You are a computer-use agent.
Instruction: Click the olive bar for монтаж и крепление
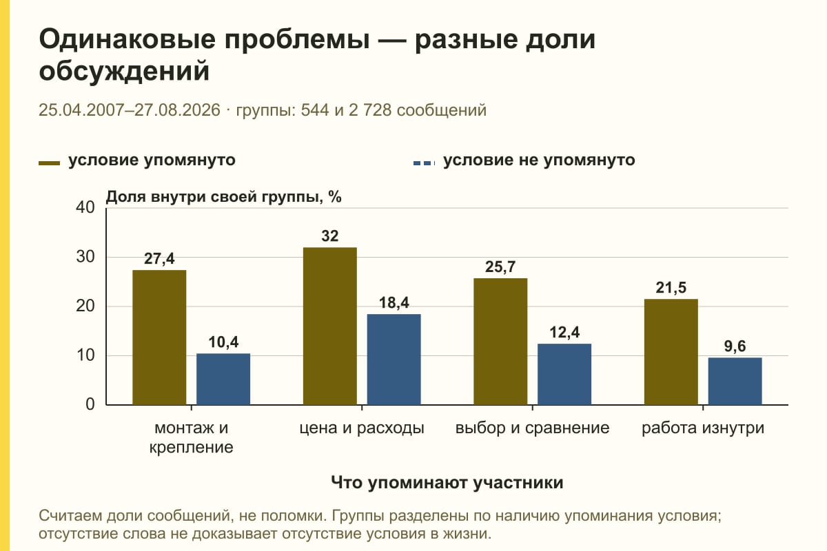159,337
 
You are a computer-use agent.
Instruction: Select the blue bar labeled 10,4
223,379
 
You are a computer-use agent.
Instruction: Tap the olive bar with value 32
329,326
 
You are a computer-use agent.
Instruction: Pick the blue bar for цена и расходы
394,360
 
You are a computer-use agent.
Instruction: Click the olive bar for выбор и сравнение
500,342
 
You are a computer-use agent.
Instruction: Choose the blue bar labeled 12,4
564,374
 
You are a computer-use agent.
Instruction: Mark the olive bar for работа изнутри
671,352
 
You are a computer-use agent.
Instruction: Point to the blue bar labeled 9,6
735,382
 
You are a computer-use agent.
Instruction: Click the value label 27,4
159,259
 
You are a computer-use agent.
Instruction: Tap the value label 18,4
394,302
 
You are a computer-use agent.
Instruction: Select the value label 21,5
671,287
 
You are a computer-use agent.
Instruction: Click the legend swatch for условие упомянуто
49,163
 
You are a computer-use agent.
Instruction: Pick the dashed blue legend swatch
425,163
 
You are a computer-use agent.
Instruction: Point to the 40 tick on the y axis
85,208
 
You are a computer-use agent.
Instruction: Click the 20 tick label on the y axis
85,306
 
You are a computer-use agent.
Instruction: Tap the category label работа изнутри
703,428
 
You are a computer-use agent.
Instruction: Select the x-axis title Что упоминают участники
447,483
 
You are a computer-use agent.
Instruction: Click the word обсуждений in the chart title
124,71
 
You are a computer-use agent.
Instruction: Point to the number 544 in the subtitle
315,110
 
